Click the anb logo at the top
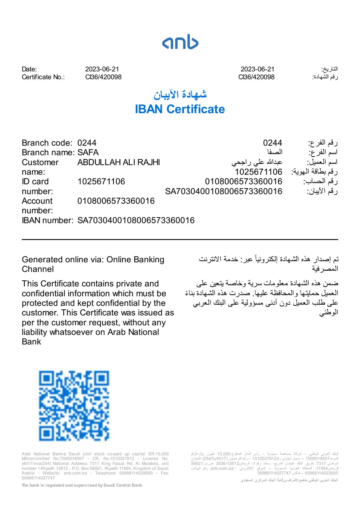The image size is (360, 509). point(180,42)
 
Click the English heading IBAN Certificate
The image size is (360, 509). point(180,109)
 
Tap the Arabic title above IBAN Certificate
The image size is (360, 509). point(180,95)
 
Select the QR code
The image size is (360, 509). point(74,405)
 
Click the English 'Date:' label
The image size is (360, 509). point(29,69)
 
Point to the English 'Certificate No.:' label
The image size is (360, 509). point(43,77)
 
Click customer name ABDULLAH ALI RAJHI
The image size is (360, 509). point(118,162)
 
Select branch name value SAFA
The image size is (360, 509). point(88,152)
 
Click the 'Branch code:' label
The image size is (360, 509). point(47,143)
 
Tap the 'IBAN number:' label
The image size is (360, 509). point(47,220)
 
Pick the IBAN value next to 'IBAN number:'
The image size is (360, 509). point(136,220)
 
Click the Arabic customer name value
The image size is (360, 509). point(257,162)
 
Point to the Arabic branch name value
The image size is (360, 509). point(275,152)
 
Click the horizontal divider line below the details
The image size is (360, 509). point(180,240)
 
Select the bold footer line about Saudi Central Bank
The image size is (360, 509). point(82,485)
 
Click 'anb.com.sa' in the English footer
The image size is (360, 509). point(75,473)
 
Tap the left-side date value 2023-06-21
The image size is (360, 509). point(102,69)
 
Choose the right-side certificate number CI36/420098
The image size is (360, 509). point(256,77)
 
